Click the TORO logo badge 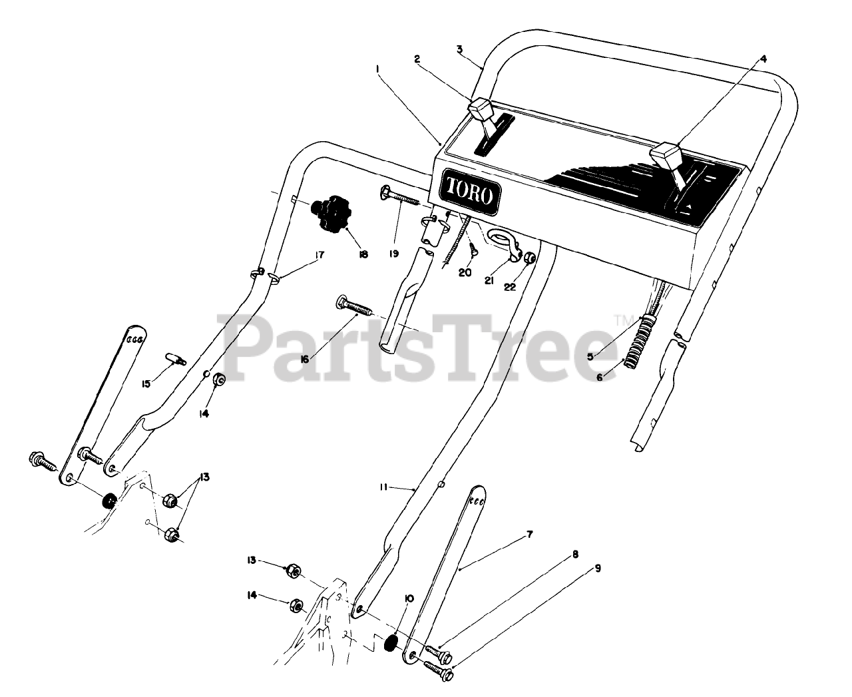pyautogui.click(x=469, y=194)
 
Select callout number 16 pyautogui.click(x=305, y=359)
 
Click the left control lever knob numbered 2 pyautogui.click(x=481, y=108)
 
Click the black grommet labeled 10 pyautogui.click(x=392, y=643)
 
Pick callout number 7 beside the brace pyautogui.click(x=529, y=535)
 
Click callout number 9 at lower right pyautogui.click(x=597, y=550)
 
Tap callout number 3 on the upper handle pyautogui.click(x=459, y=49)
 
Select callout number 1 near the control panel pyautogui.click(x=377, y=69)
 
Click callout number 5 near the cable pyautogui.click(x=590, y=355)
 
